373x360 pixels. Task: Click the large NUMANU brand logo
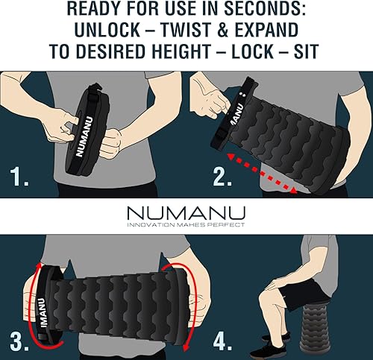186,212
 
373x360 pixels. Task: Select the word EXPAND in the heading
280,32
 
